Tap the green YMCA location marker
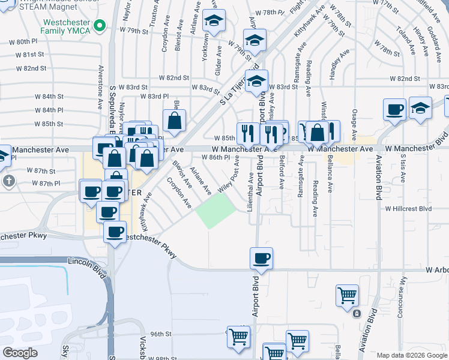(x=100, y=25)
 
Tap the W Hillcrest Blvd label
(x=408, y=209)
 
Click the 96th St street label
(x=161, y=334)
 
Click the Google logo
(x=20, y=353)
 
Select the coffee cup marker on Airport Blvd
(x=261, y=259)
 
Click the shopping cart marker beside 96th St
(x=238, y=337)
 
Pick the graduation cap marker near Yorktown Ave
(x=214, y=21)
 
